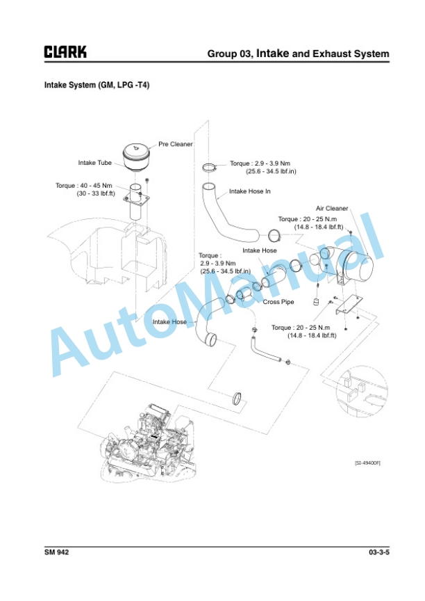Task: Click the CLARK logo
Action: click(x=65, y=51)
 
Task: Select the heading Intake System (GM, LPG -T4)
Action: click(x=97, y=85)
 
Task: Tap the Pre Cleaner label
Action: click(x=176, y=144)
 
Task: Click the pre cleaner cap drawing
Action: click(x=136, y=156)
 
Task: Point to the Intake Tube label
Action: click(x=95, y=163)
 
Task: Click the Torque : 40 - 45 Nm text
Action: click(x=84, y=186)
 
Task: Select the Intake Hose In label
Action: click(x=250, y=191)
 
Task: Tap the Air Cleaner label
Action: click(x=332, y=209)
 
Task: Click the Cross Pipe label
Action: click(x=278, y=302)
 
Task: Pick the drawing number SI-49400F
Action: click(x=367, y=463)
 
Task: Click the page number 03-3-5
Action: click(x=379, y=552)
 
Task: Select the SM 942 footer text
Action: click(x=57, y=552)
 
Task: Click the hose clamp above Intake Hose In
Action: click(x=209, y=168)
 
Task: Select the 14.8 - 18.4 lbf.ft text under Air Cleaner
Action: click(x=319, y=227)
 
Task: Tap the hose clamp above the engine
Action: click(x=237, y=399)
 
